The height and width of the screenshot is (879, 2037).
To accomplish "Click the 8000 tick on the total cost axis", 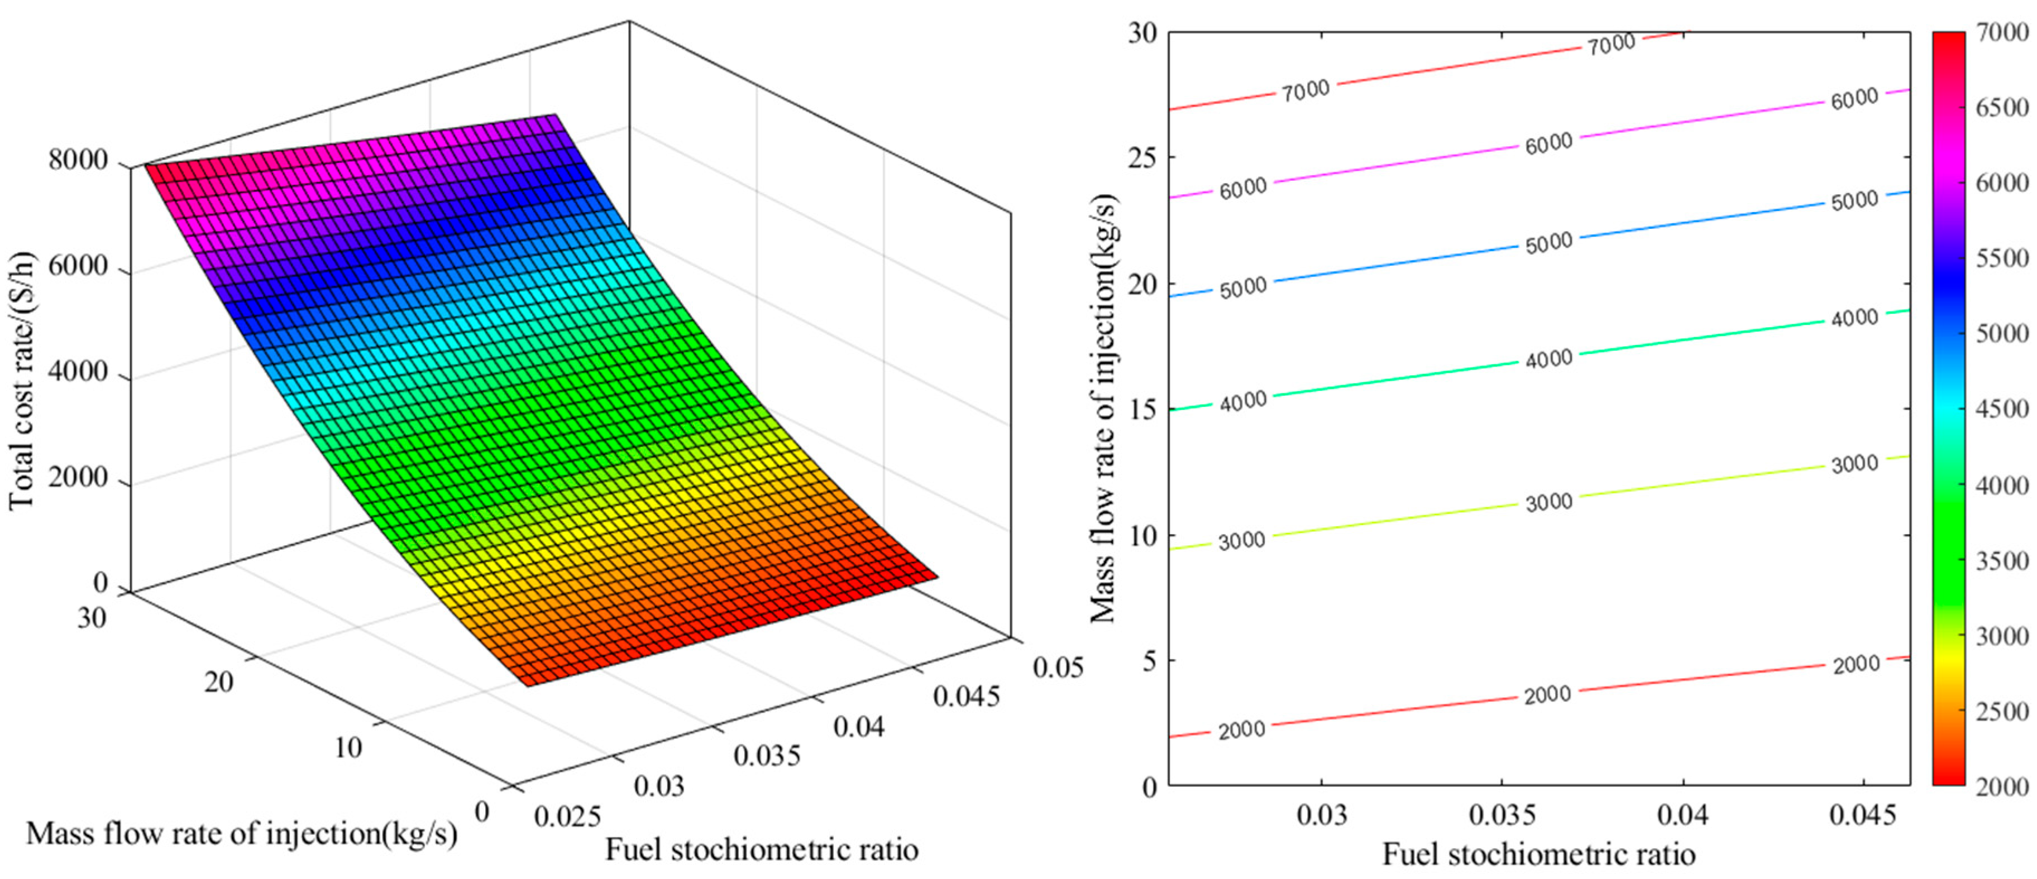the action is (78, 161).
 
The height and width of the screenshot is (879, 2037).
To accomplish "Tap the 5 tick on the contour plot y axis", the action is (1149, 660).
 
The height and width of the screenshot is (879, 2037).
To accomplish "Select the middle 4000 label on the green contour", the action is (1548, 359).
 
